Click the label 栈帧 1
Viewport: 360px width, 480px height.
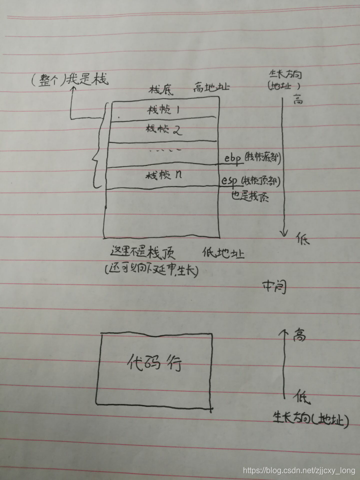[x=163, y=109]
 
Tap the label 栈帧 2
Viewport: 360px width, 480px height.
[x=163, y=130]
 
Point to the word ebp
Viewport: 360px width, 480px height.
[x=232, y=158]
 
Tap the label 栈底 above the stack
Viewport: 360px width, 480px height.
[x=160, y=90]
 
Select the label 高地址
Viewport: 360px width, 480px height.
[x=211, y=88]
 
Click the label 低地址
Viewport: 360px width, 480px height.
[x=223, y=253]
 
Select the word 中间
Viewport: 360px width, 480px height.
[x=274, y=286]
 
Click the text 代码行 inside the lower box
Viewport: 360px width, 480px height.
[x=153, y=363]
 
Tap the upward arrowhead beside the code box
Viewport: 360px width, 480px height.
[x=284, y=331]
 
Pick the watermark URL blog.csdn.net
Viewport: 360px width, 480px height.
[x=298, y=470]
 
